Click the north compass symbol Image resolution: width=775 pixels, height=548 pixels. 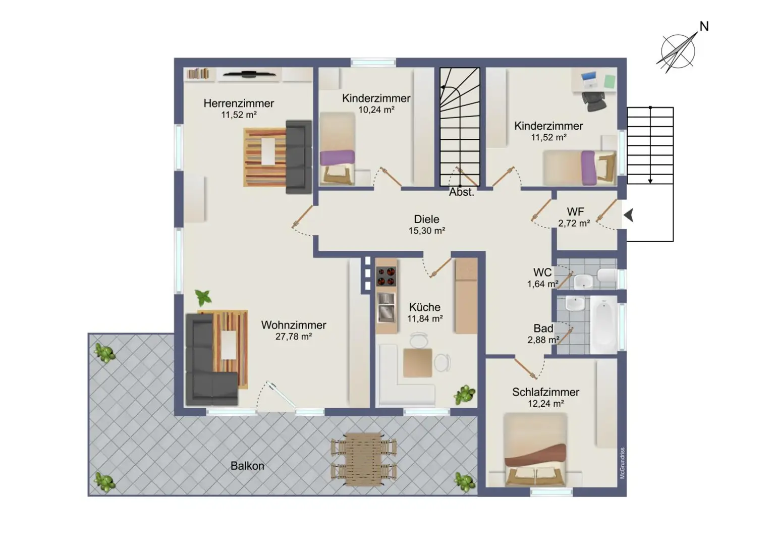(679, 50)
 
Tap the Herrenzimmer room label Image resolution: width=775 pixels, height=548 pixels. (239, 103)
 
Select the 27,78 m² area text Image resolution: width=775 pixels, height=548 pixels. (293, 337)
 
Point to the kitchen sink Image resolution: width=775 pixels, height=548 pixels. (386, 307)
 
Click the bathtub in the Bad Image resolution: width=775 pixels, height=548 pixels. (603, 325)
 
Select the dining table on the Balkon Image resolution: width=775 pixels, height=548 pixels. (363, 459)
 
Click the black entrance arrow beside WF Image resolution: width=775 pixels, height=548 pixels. (629, 215)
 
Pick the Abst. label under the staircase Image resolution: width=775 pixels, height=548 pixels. (462, 192)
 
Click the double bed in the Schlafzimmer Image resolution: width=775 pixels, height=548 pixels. (536, 449)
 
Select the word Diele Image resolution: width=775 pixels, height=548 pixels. (426, 219)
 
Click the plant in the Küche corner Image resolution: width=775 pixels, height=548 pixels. (464, 394)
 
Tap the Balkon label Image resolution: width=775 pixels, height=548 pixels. (247, 466)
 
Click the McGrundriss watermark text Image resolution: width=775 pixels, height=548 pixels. (622, 463)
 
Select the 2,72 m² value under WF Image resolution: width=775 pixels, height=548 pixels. (574, 223)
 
